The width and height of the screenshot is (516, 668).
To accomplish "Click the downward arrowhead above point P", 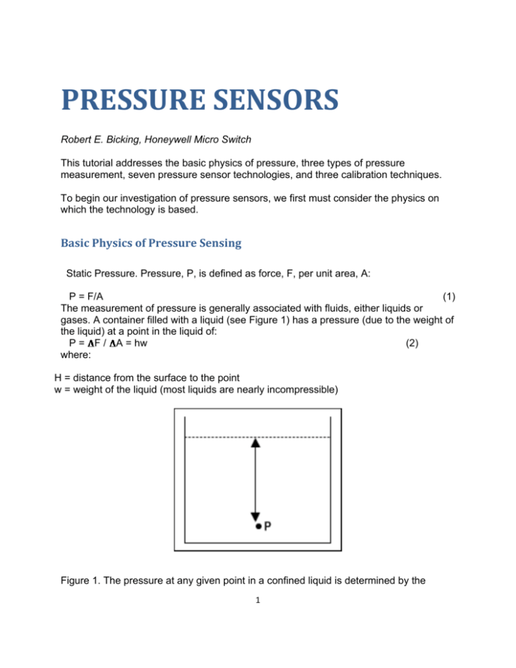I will pos(255,516).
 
